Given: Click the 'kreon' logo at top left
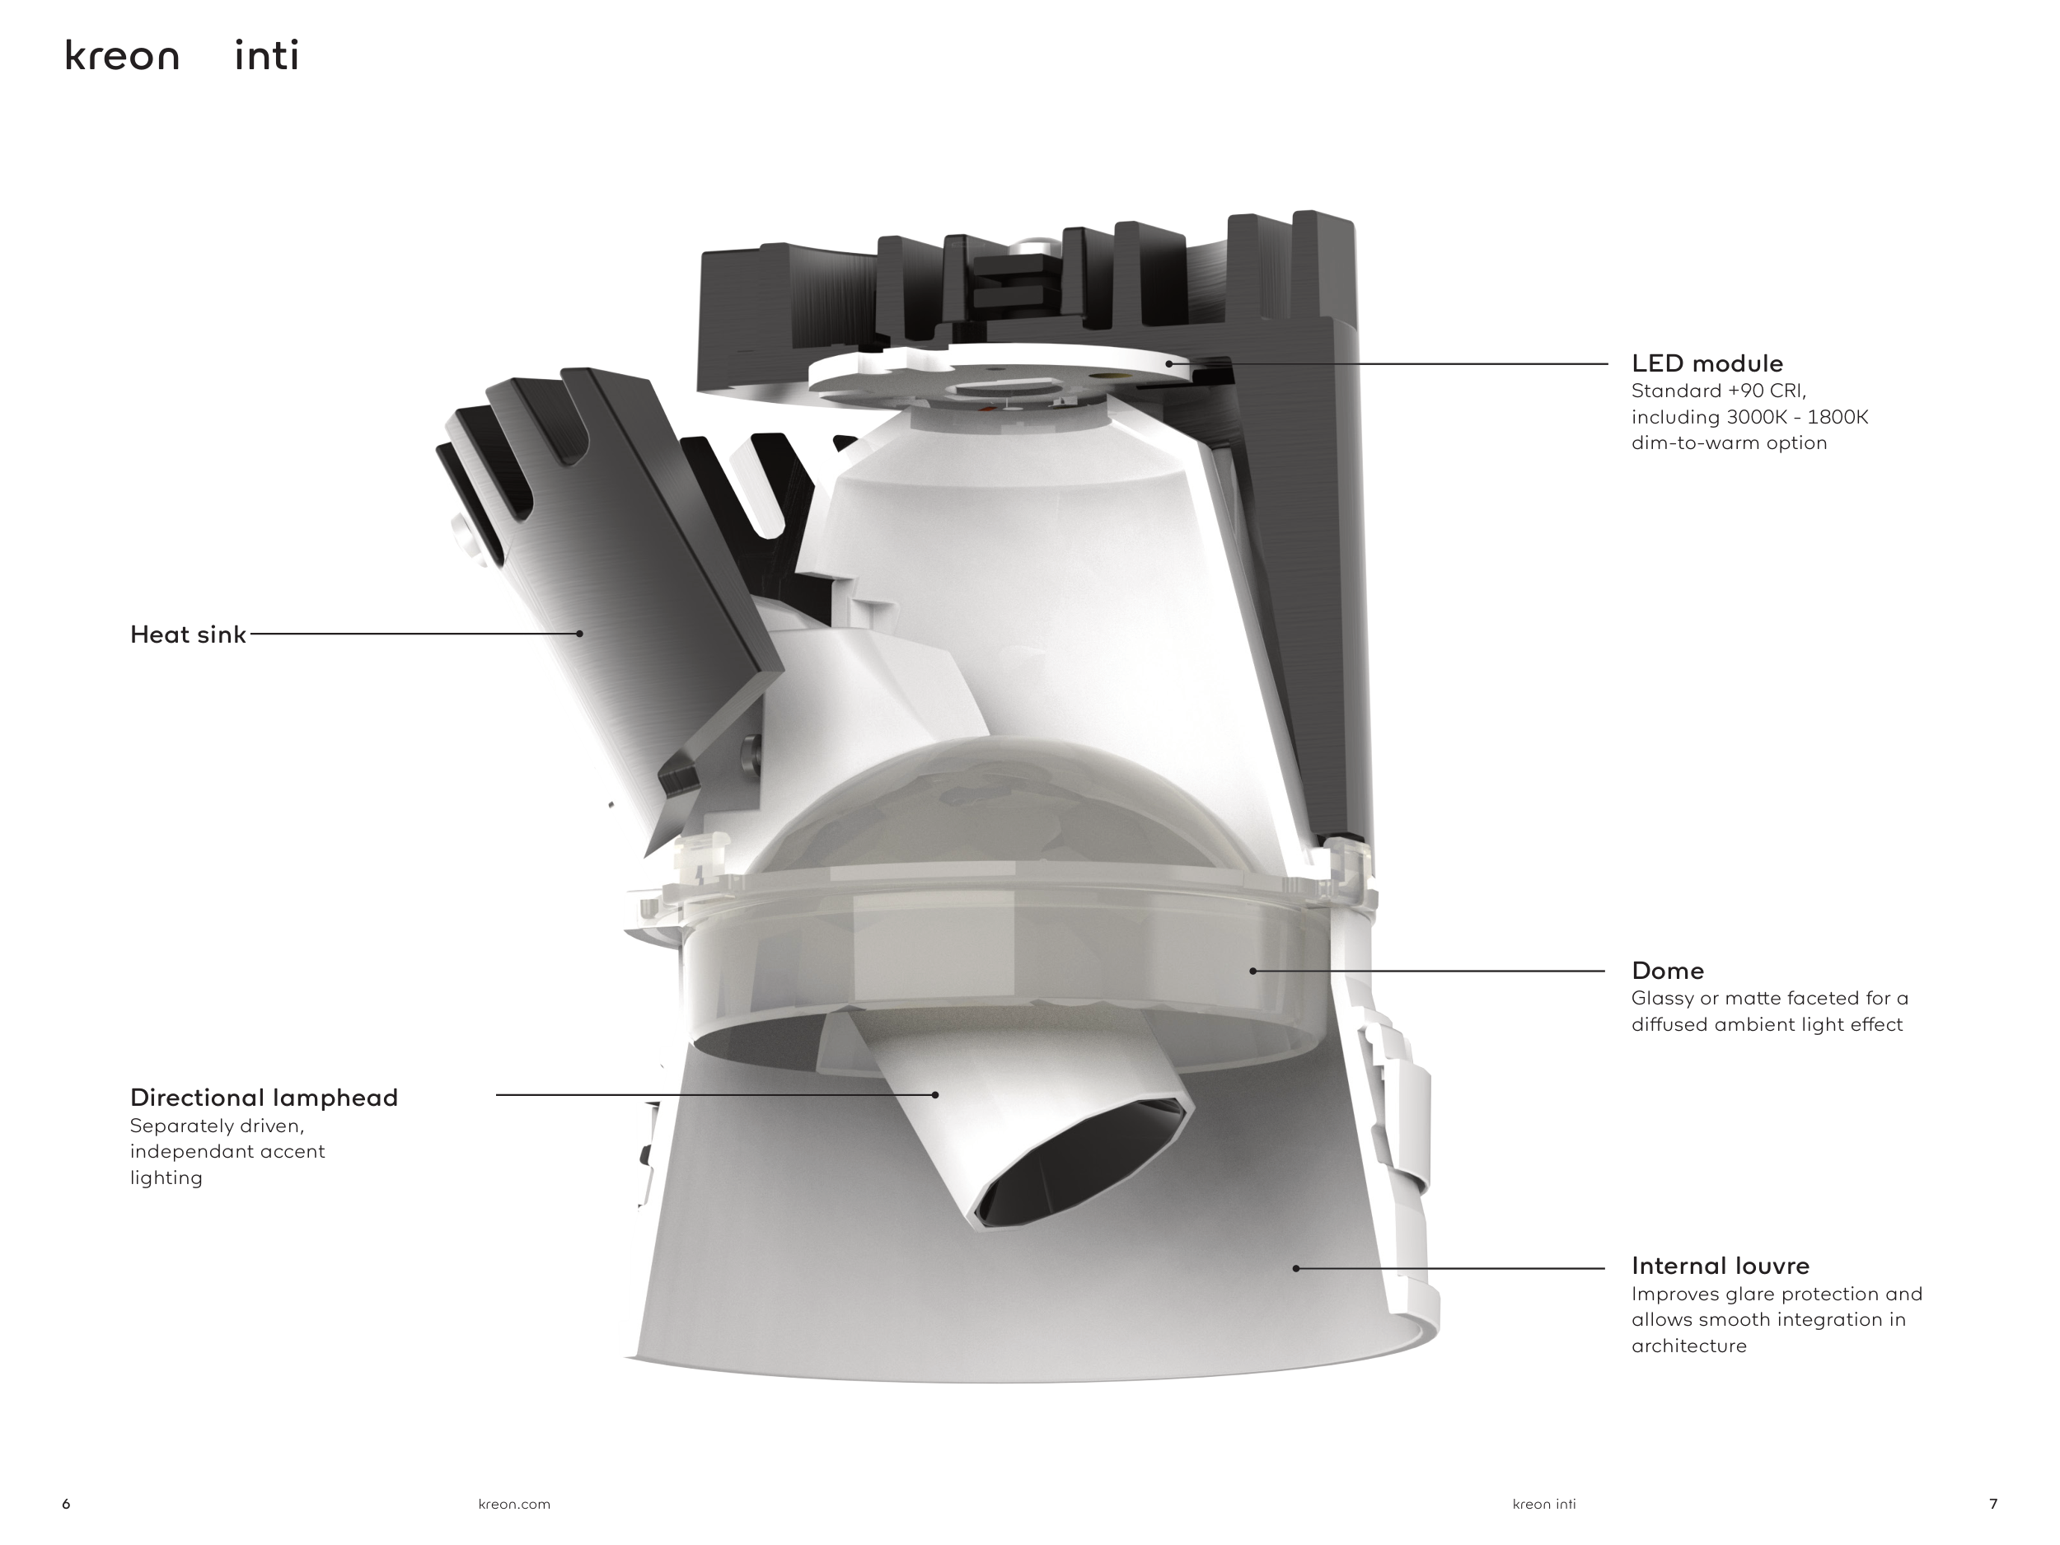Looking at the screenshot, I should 122,57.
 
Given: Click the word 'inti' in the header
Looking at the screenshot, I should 266,57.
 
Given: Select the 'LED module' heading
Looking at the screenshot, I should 1707,364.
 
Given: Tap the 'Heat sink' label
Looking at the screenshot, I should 188,635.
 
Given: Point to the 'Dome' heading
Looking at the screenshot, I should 1667,971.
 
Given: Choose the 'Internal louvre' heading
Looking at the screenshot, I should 1720,1266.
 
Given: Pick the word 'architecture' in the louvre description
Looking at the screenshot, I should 1688,1346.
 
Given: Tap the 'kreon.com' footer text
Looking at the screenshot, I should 514,1504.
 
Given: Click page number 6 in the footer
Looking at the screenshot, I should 66,1504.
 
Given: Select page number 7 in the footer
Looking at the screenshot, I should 1993,1504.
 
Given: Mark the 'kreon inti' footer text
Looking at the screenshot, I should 1544,1504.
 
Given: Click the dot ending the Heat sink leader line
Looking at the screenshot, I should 579,634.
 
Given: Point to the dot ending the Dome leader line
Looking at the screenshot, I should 1252,971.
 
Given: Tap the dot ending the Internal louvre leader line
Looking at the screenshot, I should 1295,1268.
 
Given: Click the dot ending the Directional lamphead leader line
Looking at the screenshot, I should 935,1095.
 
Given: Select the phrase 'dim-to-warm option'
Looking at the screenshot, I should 1729,443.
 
